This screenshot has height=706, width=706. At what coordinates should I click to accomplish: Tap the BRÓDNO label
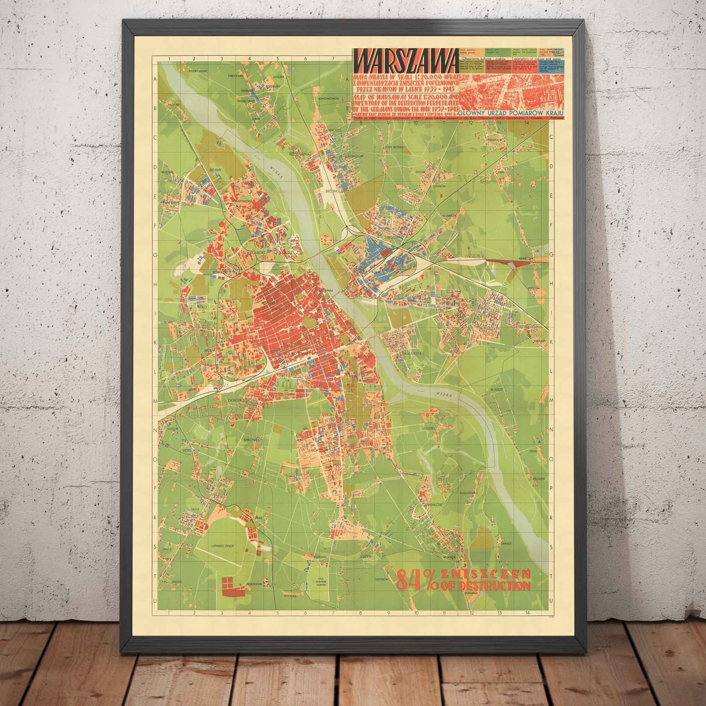334,191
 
